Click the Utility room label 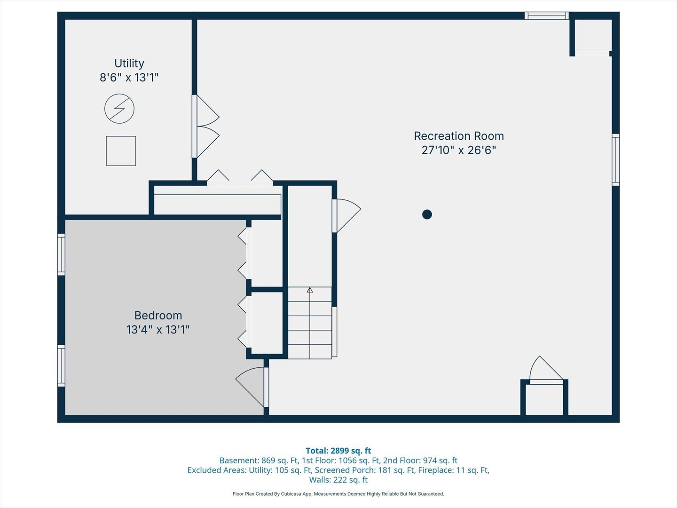coord(129,63)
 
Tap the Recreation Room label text coord(458,136)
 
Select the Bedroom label coord(158,316)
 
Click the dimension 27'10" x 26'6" coord(458,150)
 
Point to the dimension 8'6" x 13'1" coord(129,78)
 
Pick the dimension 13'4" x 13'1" coord(158,330)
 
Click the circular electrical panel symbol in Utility coord(119,109)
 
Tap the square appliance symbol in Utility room coord(121,151)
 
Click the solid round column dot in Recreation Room coord(427,214)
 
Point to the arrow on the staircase coord(310,290)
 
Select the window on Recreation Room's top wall coord(546,16)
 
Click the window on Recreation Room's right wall coord(615,159)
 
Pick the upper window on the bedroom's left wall coord(61,254)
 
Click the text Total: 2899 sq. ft coord(338,451)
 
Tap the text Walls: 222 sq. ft coord(338,480)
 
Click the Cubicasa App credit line coord(338,494)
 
